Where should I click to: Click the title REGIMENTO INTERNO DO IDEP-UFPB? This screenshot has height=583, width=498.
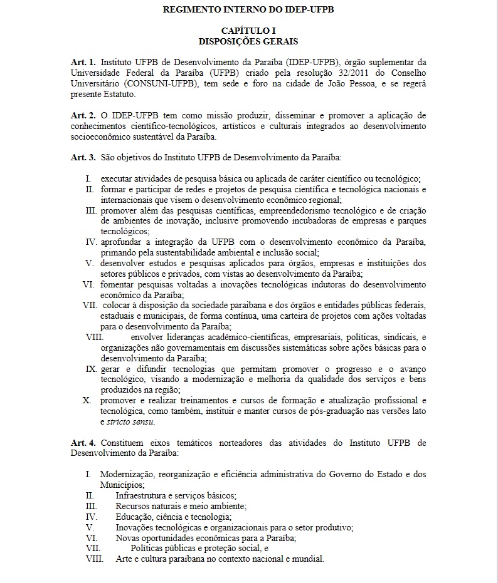[248, 10]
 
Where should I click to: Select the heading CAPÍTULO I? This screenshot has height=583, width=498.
[248, 31]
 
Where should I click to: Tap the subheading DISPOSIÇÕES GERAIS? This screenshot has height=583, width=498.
[248, 41]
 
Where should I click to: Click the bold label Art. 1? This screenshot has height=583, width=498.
[83, 62]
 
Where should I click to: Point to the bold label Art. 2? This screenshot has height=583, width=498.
[83, 116]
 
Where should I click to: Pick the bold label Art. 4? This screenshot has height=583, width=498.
[83, 443]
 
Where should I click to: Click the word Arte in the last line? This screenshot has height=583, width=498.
[124, 559]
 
